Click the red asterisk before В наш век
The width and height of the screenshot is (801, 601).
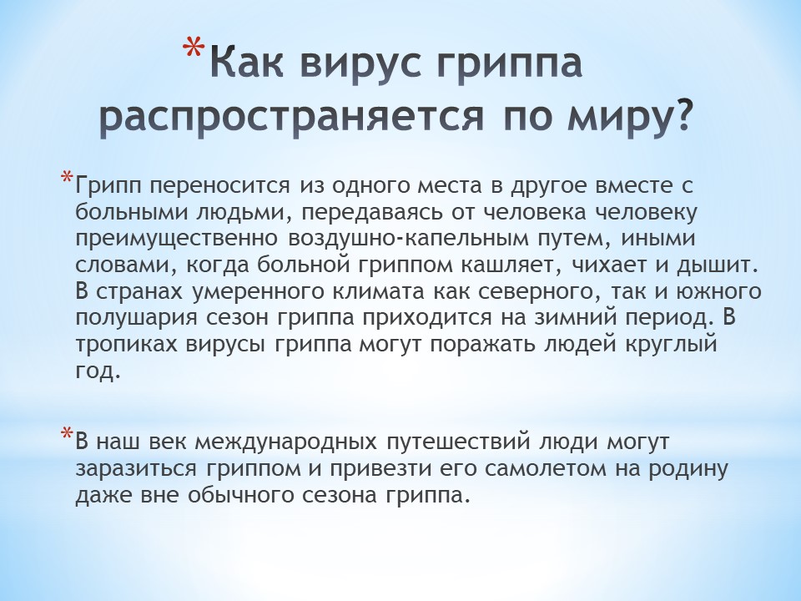point(67,434)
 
